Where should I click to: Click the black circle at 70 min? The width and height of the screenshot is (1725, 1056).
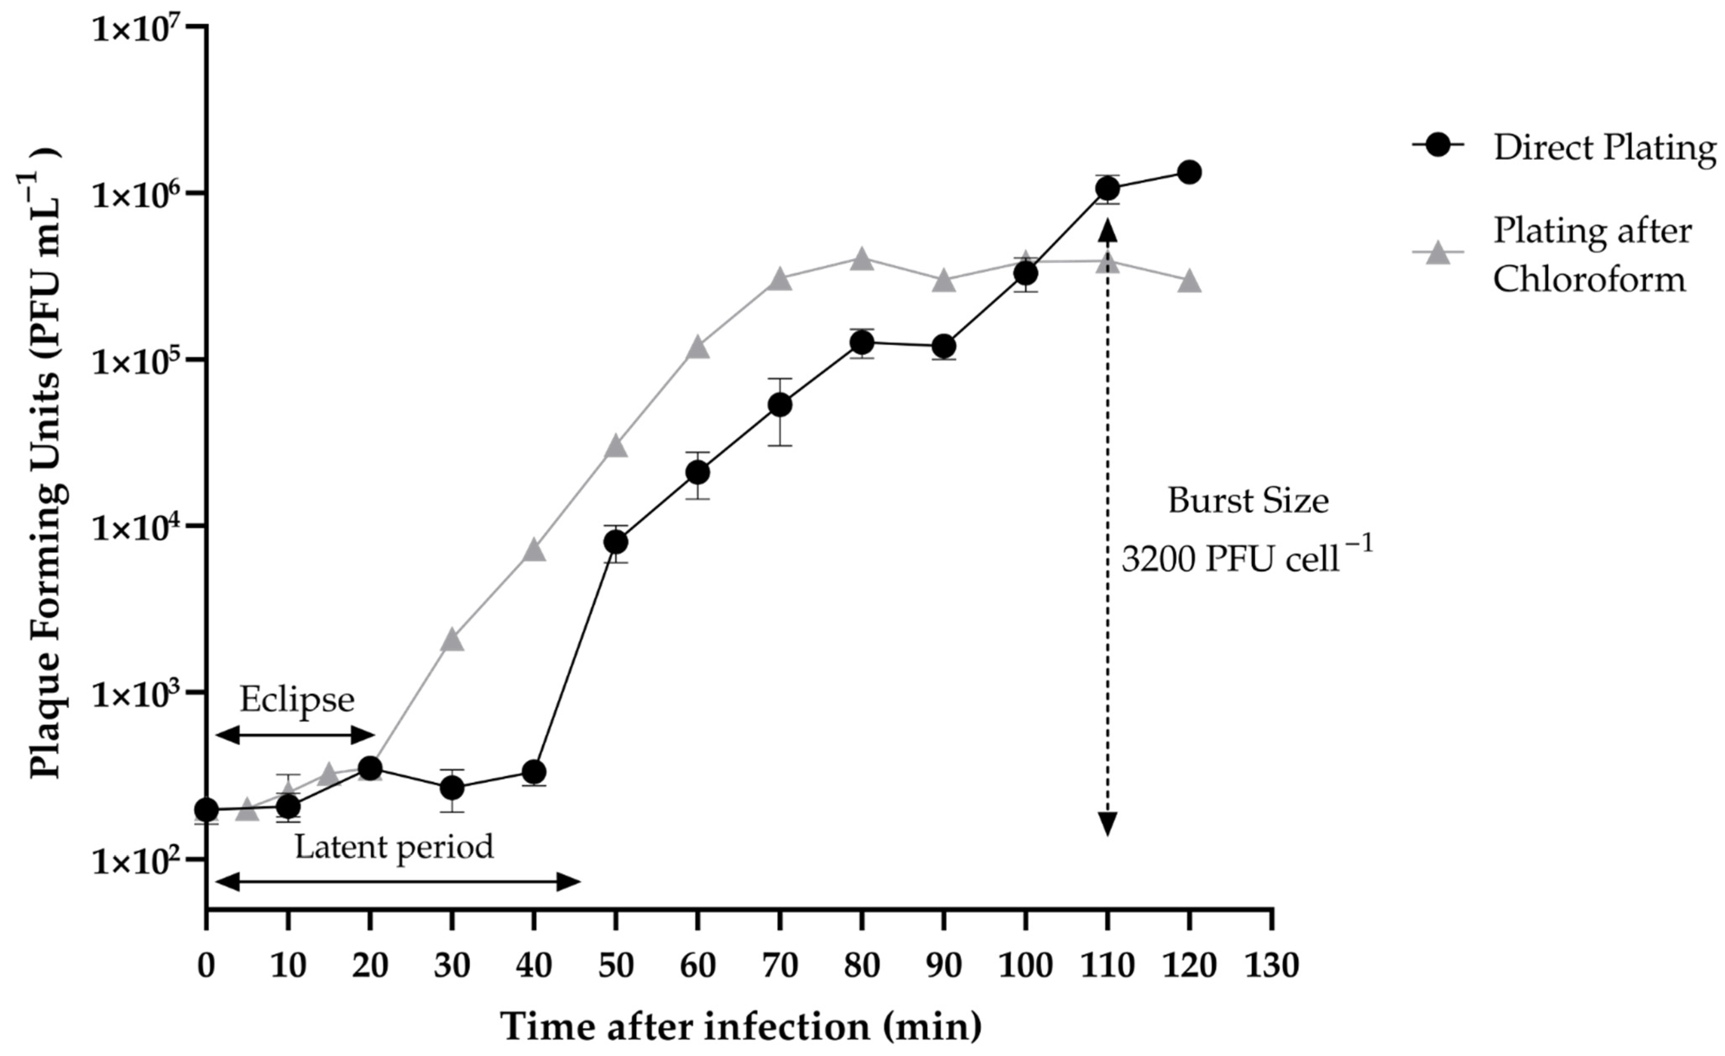(780, 405)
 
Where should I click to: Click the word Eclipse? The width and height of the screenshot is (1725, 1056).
(297, 699)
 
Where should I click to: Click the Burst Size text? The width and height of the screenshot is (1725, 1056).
(1248, 501)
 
